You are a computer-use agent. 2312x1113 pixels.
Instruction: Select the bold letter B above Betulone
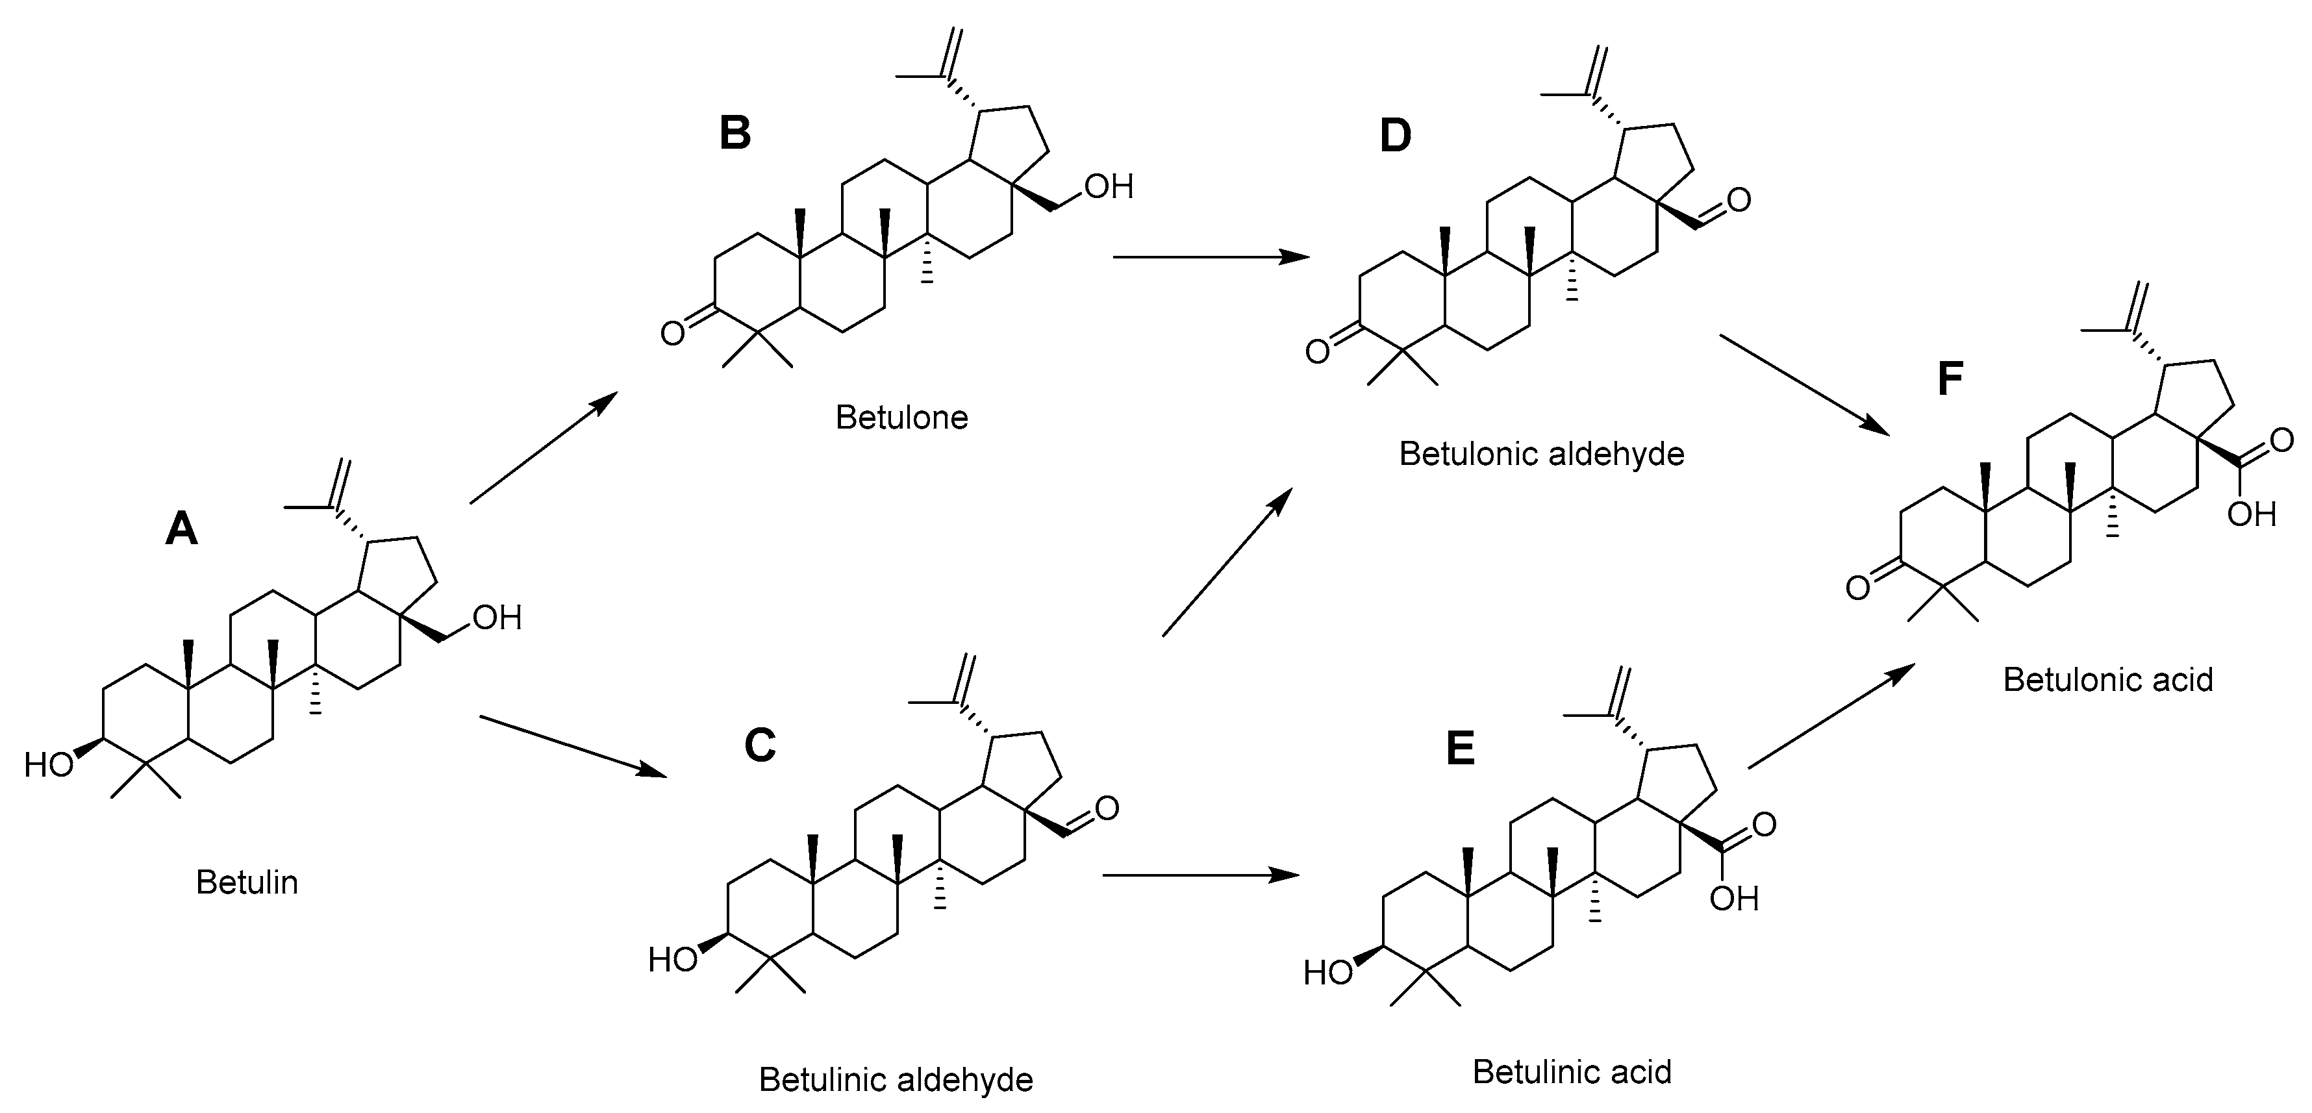(x=735, y=133)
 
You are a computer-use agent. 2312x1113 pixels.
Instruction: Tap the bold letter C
(x=760, y=745)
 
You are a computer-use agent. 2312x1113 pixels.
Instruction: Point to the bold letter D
(x=1395, y=136)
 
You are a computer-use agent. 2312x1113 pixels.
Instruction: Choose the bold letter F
(x=1950, y=379)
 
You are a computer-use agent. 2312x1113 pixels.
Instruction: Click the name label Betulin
(x=247, y=882)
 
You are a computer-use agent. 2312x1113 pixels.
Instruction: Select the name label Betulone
(x=901, y=418)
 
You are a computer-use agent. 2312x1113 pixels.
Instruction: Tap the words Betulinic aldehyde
(x=896, y=1079)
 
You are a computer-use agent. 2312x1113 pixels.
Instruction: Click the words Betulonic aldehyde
(x=1541, y=454)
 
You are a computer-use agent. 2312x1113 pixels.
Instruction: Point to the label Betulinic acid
(x=1572, y=1071)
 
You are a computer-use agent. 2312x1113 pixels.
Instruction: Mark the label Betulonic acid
(x=2107, y=679)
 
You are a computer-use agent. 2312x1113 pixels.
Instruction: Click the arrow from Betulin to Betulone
(x=544, y=447)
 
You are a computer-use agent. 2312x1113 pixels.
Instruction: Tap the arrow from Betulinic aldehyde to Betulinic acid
(x=1200, y=875)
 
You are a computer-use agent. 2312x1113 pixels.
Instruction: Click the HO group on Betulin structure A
(x=49, y=765)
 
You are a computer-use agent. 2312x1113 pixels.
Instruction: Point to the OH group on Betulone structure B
(x=1109, y=187)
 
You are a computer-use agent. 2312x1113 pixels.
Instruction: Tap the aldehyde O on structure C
(x=1107, y=808)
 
